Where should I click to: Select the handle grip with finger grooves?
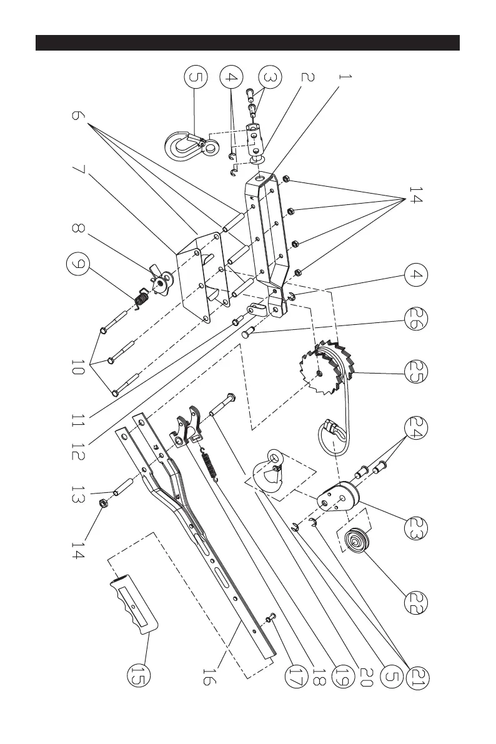(x=133, y=604)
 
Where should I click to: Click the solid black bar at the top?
(x=248, y=42)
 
